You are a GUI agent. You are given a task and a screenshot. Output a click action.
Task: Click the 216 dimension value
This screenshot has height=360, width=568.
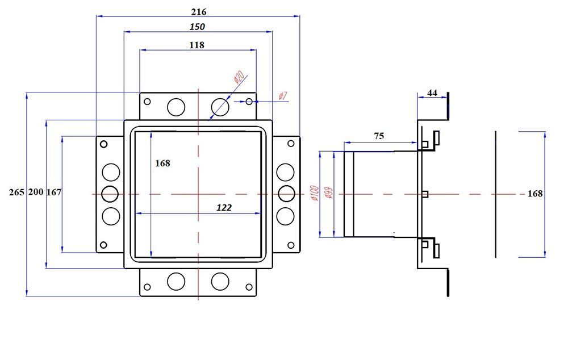pyautogui.click(x=199, y=11)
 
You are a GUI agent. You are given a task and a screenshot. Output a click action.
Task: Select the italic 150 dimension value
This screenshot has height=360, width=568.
pyautogui.click(x=197, y=27)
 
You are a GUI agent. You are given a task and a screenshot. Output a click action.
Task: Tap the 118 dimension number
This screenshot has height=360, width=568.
pyautogui.click(x=197, y=44)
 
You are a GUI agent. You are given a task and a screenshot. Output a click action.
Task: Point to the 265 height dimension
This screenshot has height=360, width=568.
pyautogui.click(x=16, y=192)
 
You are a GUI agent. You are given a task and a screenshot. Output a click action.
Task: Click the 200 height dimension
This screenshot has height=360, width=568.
pyautogui.click(x=36, y=192)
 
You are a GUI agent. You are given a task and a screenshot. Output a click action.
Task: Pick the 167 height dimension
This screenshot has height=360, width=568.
pyautogui.click(x=54, y=192)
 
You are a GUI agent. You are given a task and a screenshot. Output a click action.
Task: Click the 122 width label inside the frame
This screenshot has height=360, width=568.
pyautogui.click(x=224, y=208)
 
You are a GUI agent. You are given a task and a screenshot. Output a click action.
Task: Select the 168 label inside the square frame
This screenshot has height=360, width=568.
pyautogui.click(x=162, y=163)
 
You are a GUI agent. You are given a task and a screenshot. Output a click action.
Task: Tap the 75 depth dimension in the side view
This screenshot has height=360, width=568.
pyautogui.click(x=378, y=136)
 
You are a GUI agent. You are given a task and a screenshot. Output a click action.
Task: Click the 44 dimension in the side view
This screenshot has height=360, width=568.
pyautogui.click(x=432, y=93)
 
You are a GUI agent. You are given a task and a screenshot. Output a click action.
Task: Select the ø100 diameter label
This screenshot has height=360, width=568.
pyautogui.click(x=314, y=193)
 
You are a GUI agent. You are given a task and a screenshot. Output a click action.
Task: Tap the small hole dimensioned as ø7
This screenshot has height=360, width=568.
pyautogui.click(x=249, y=102)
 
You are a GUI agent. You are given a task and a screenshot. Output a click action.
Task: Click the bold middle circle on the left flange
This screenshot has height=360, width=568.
pyautogui.click(x=110, y=194)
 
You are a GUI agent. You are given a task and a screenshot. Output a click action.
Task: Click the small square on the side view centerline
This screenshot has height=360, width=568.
pyautogui.click(x=425, y=194)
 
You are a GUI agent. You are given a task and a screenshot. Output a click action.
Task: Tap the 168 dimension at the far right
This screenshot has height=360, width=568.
pyautogui.click(x=535, y=194)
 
